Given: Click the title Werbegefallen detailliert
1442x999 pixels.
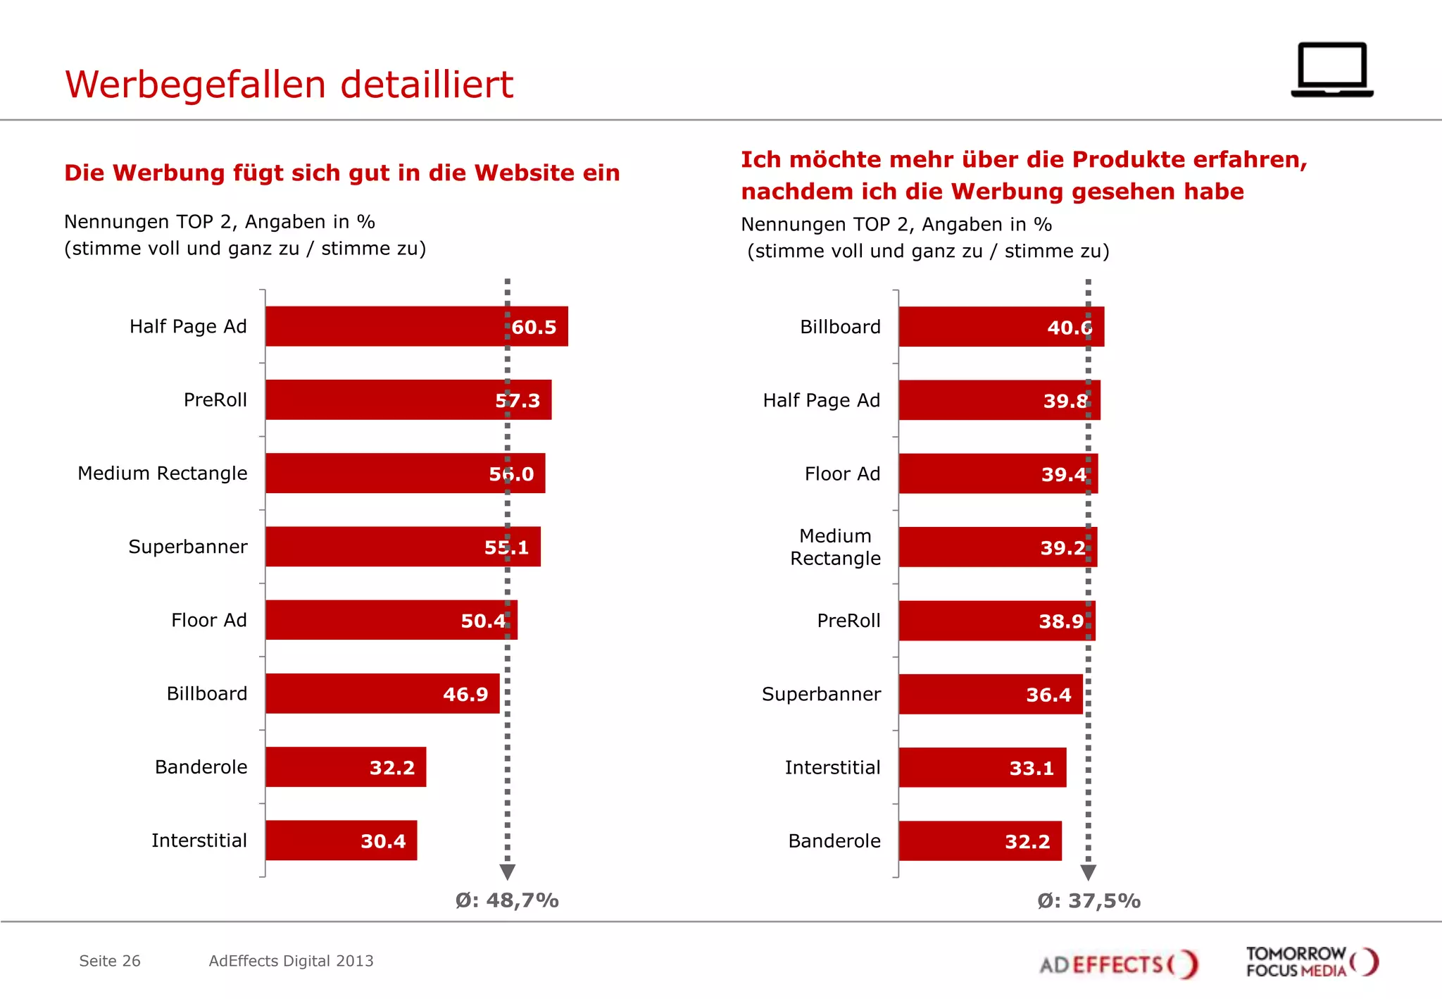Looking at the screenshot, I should [289, 85].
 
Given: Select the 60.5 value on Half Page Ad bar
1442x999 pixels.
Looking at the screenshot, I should [534, 327].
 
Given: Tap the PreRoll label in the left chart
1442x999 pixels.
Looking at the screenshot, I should [215, 400].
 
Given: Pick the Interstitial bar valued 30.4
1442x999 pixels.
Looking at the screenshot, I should [341, 840].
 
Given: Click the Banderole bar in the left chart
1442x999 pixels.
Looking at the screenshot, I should [345, 767].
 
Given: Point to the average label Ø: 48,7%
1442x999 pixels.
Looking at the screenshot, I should [507, 900].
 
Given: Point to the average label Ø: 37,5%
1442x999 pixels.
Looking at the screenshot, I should [1089, 901].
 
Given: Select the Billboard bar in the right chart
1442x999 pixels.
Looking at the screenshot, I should [1001, 327].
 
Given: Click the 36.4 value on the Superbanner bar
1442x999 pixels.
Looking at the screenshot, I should [1048, 695].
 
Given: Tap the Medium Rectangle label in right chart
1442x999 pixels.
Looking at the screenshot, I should [835, 547].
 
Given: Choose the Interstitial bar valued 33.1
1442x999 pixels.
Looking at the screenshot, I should [982, 767].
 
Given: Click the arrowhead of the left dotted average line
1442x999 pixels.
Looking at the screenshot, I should [508, 872].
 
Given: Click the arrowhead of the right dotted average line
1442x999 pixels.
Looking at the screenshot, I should [1088, 873].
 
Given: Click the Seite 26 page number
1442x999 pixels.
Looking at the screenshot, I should [110, 961].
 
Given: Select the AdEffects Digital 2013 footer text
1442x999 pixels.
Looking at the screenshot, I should [291, 961].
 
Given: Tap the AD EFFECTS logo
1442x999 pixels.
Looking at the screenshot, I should [1118, 964].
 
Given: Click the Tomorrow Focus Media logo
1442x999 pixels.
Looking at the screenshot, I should [1311, 962].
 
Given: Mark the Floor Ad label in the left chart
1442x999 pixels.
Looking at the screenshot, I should [209, 621].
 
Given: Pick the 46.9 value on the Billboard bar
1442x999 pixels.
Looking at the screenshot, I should [465, 695].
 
